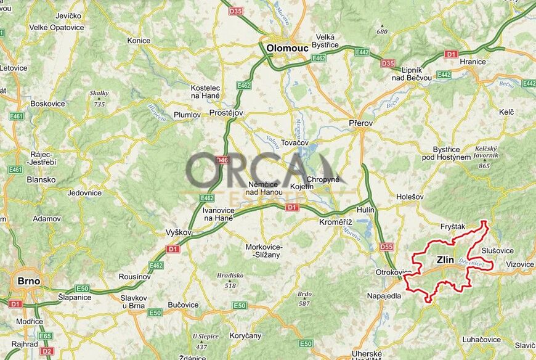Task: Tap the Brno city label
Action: coord(28,281)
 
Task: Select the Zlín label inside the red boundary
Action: coord(445,260)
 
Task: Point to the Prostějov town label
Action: coord(227,113)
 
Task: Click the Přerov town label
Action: coord(360,123)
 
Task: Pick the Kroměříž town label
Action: coord(335,221)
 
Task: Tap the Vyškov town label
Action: coord(179,232)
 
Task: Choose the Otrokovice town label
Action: coord(394,272)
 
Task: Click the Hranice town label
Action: coord(473,62)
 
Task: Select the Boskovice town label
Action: coord(47,104)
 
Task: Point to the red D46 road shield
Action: coord(222,160)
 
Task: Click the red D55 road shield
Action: coord(386,247)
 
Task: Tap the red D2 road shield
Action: coord(47,351)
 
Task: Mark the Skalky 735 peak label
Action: coord(99,99)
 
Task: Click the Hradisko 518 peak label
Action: coord(230,280)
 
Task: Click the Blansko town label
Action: coord(41,180)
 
